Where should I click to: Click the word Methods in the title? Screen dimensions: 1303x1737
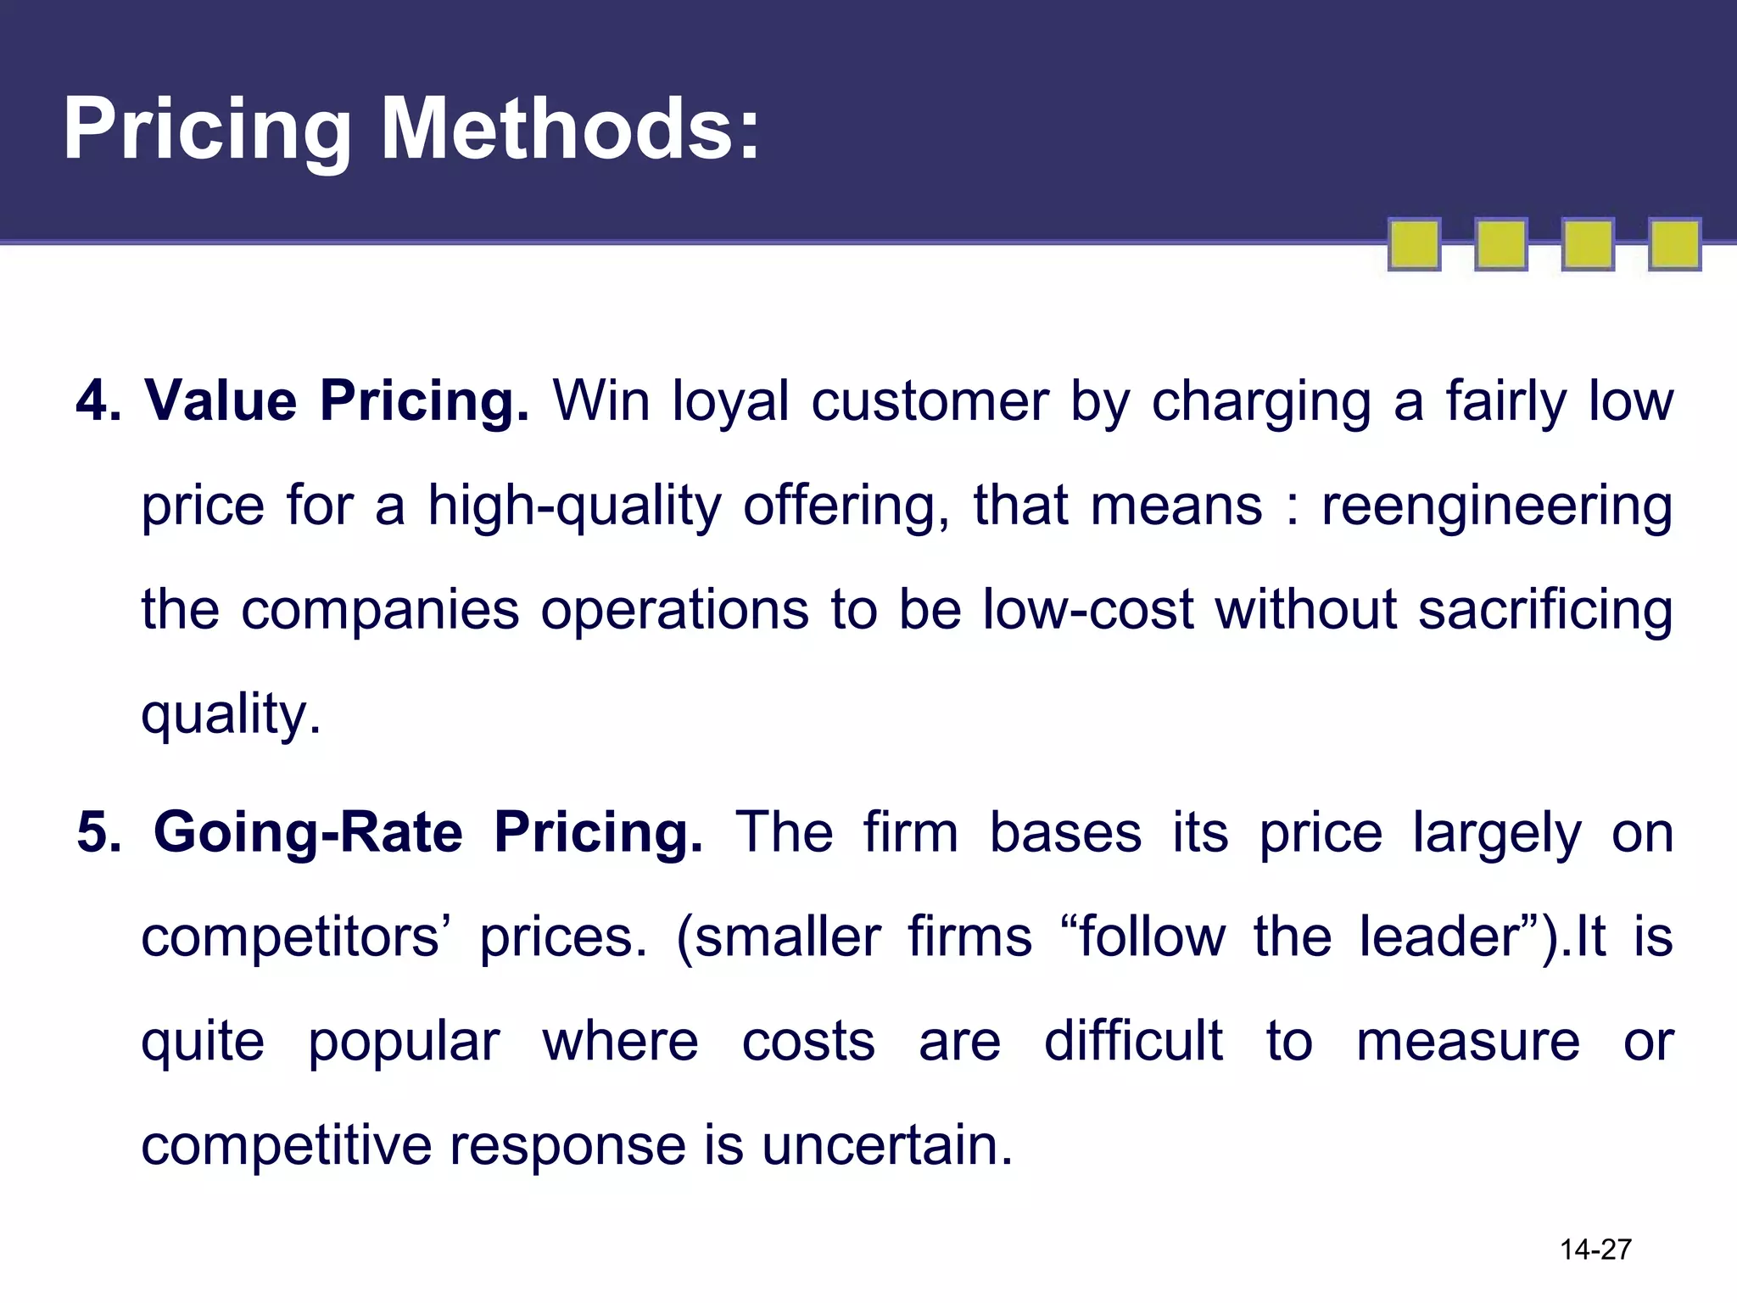pyautogui.click(x=570, y=129)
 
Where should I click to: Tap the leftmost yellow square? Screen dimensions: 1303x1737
pyautogui.click(x=1414, y=244)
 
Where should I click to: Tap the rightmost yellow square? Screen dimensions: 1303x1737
pyautogui.click(x=1674, y=244)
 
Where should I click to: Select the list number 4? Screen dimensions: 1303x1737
pyautogui.click(x=97, y=400)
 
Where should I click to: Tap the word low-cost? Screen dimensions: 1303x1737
pyautogui.click(x=1088, y=609)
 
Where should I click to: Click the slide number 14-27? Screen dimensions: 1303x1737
pyautogui.click(x=1595, y=1250)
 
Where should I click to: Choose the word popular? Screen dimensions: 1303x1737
pyautogui.click(x=403, y=1043)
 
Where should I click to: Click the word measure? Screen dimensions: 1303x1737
pyautogui.click(x=1467, y=1042)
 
